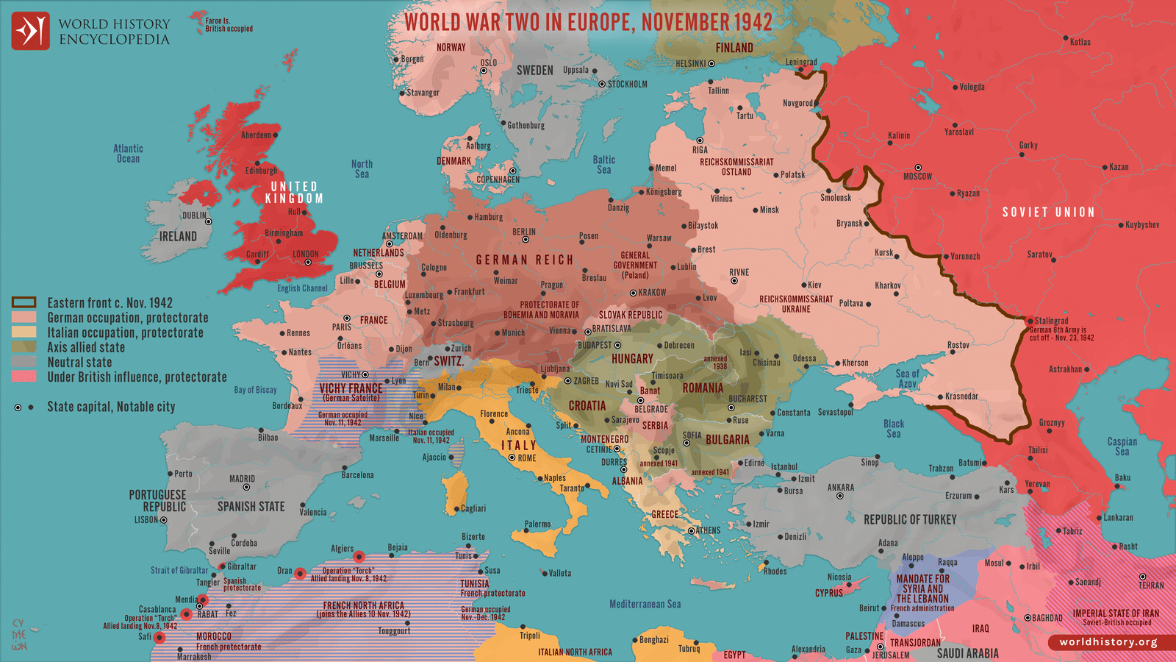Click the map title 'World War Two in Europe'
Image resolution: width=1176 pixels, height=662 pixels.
[x=588, y=22]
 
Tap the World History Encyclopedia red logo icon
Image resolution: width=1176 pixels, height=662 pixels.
[x=30, y=31]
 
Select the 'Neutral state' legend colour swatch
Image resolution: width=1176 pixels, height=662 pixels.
[x=24, y=362]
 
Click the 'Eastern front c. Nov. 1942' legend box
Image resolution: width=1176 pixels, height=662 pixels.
[x=24, y=302]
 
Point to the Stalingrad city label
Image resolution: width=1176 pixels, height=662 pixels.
[x=1051, y=321]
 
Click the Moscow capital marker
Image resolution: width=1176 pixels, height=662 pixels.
[x=917, y=168]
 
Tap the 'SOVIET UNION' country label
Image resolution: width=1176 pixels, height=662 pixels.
[x=1048, y=212]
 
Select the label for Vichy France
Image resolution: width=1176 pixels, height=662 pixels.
[x=351, y=388]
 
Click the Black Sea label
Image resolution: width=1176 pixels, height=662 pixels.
[x=894, y=429]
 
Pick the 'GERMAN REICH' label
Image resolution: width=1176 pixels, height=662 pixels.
[x=524, y=260]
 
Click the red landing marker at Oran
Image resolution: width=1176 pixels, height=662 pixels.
[x=300, y=572]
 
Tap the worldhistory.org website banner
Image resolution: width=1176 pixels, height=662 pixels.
[x=1108, y=641]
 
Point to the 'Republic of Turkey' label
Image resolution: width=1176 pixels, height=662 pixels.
[x=910, y=519]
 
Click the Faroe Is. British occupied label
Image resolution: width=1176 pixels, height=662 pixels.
[x=228, y=25]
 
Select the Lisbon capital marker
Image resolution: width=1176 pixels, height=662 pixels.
[x=163, y=520]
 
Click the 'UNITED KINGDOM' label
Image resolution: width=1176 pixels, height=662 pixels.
[x=293, y=193]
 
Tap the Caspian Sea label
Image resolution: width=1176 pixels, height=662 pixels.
[x=1122, y=446]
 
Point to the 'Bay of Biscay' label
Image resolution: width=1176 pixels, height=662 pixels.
[x=255, y=390]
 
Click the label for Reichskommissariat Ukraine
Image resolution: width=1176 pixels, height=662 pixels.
[x=796, y=304]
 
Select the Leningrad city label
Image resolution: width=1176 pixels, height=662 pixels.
[x=800, y=62]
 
